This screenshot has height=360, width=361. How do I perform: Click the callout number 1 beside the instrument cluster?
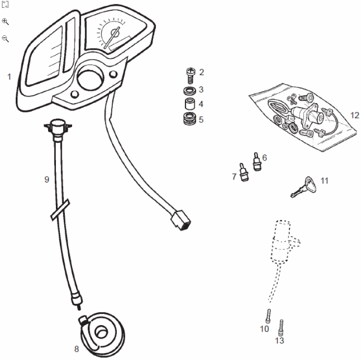[x=9, y=77]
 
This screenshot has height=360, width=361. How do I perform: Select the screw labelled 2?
[x=190, y=75]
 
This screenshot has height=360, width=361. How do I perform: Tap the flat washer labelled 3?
[x=190, y=90]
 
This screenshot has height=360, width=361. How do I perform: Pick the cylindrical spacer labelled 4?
[x=190, y=104]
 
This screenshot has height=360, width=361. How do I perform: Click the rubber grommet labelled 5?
[x=189, y=118]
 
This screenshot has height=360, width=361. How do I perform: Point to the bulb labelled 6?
[x=257, y=162]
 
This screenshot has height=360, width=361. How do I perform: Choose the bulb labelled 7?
[x=244, y=172]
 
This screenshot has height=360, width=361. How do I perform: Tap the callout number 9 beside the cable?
[x=47, y=179]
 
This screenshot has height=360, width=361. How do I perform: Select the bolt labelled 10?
[x=268, y=316]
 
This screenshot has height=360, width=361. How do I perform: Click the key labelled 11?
[x=304, y=187]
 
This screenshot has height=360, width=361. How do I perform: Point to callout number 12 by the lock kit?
[x=355, y=115]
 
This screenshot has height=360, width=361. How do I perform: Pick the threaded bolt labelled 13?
[x=281, y=328]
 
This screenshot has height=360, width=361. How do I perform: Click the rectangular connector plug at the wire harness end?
[x=180, y=220]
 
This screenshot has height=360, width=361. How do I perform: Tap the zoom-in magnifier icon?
[x=5, y=22]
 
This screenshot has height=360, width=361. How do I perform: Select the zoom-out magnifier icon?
[x=5, y=39]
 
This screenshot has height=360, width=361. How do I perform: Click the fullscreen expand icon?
[x=5, y=4]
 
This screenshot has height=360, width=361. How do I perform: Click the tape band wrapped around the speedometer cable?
[x=60, y=210]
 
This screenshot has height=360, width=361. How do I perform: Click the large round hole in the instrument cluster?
[x=90, y=77]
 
